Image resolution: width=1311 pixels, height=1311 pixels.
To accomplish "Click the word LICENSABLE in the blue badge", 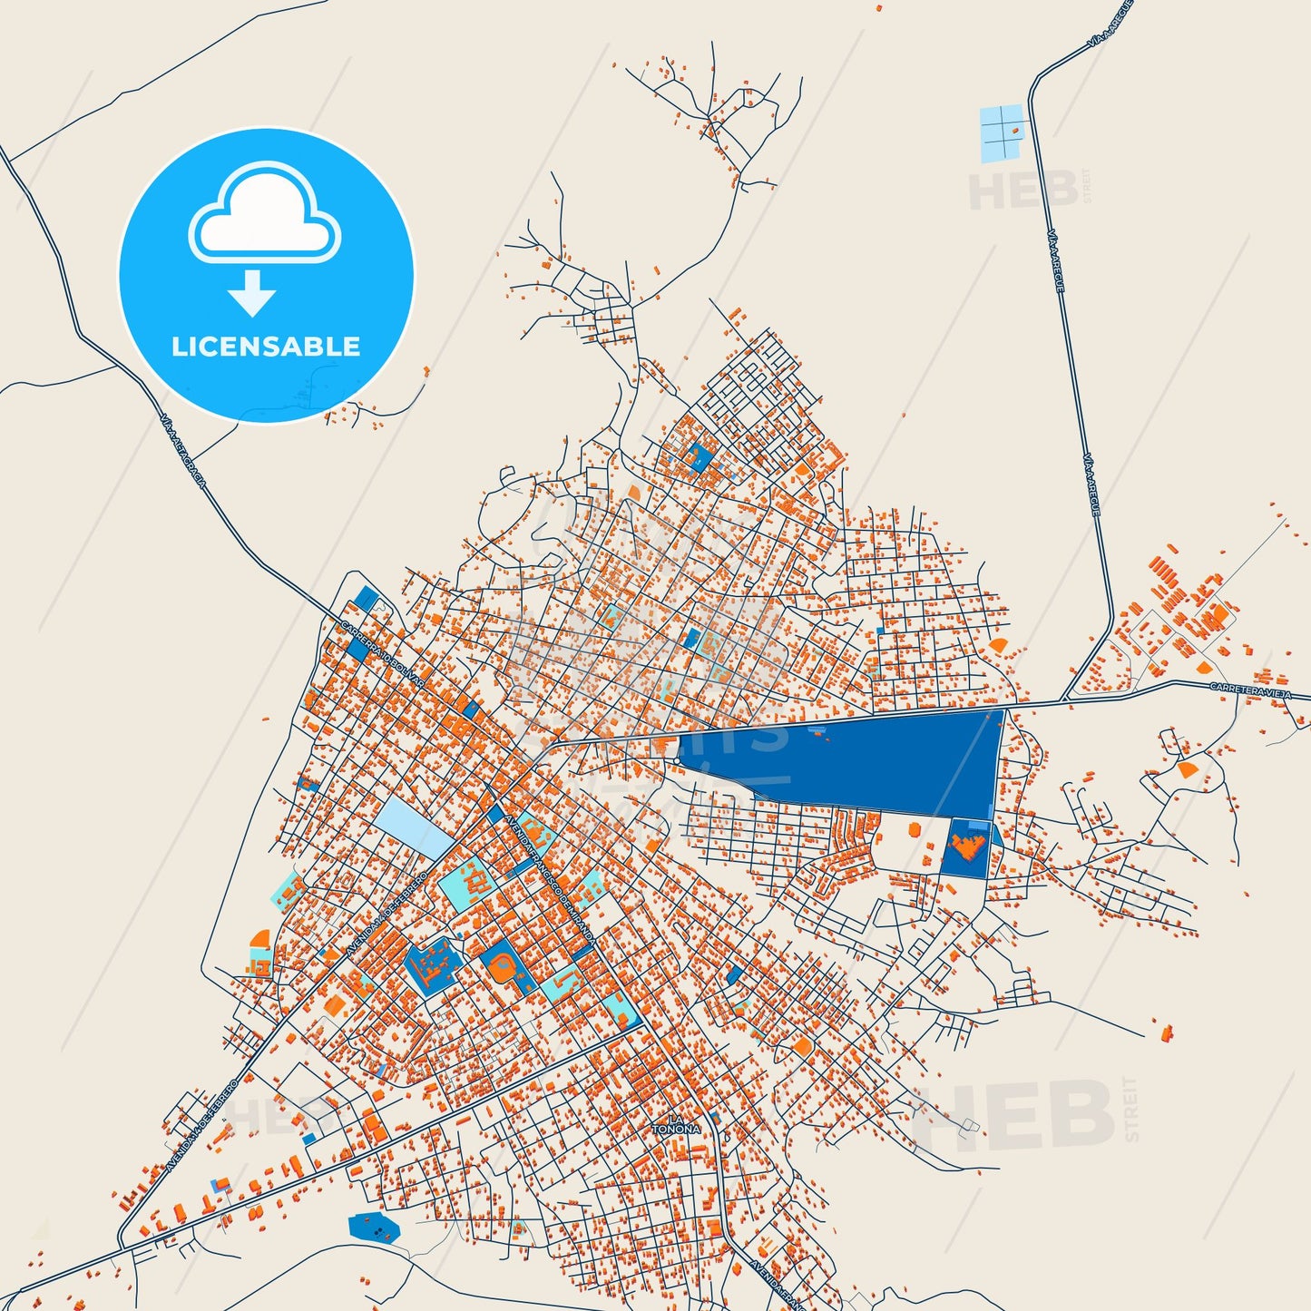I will (x=266, y=347).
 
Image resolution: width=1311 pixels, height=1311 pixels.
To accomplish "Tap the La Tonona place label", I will (x=676, y=1126).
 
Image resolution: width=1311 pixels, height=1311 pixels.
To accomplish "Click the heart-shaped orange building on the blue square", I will (x=965, y=847).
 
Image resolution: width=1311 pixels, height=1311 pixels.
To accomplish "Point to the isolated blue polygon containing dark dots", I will (x=374, y=1228).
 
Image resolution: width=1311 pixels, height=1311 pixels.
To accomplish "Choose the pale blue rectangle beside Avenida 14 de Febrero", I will (x=413, y=826).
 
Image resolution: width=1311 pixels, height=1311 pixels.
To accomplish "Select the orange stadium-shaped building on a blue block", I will (x=501, y=968).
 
